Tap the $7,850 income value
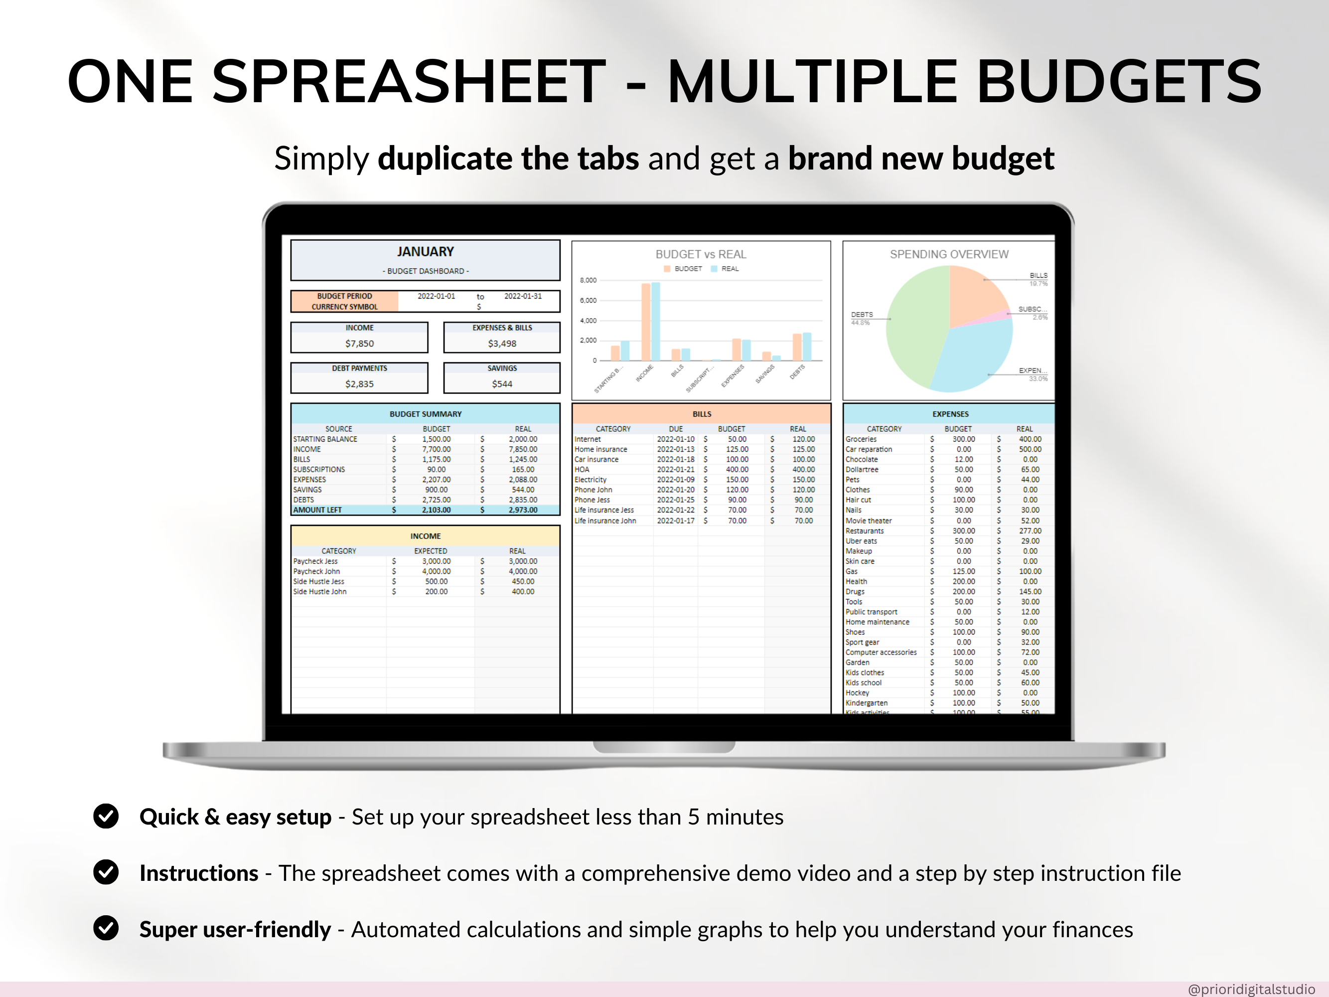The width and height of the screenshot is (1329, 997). tap(359, 343)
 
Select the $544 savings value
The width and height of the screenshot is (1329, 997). tap(502, 384)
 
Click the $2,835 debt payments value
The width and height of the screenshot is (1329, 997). tap(359, 384)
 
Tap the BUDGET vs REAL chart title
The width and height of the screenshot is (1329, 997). tap(701, 254)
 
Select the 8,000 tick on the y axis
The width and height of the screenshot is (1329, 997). tap(588, 281)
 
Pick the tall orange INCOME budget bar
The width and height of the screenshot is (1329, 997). tap(646, 322)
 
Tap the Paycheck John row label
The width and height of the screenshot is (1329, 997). tap(316, 571)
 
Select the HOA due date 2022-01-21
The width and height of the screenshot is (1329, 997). tap(675, 470)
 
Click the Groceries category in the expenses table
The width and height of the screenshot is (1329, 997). tap(861, 439)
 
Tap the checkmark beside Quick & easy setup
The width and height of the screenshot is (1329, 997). tap(106, 816)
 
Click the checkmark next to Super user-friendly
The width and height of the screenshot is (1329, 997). tap(106, 929)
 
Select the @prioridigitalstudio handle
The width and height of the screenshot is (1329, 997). tap(1251, 989)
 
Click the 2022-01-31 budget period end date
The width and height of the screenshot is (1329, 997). tap(523, 296)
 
